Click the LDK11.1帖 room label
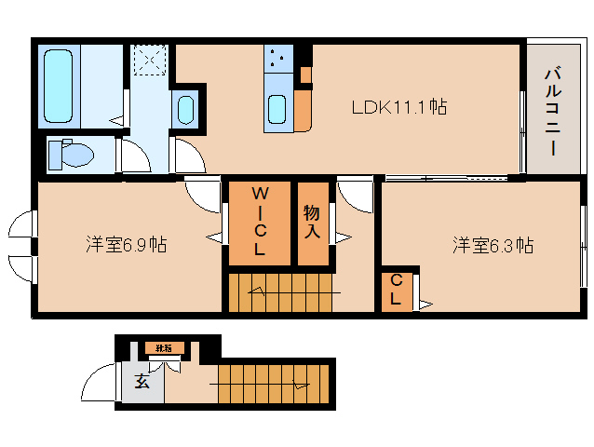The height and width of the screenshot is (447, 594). [x=398, y=107]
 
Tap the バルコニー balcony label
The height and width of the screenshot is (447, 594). [x=551, y=110]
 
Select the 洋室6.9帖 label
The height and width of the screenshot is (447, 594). [x=127, y=245]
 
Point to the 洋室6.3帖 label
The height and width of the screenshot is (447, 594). [x=493, y=245]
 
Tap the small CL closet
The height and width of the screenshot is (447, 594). [x=397, y=290]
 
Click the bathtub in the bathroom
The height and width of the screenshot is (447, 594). [x=61, y=86]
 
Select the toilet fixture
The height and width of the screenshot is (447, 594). [x=71, y=152]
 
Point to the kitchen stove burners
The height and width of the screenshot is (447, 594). [x=276, y=59]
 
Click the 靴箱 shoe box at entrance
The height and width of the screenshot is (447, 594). [x=164, y=348]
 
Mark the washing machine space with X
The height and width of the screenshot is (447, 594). [x=149, y=61]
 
